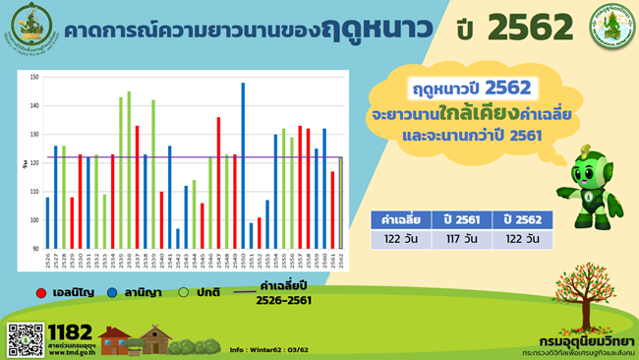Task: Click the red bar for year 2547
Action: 218,182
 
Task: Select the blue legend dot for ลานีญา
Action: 114,292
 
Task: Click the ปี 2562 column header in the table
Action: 521,219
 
